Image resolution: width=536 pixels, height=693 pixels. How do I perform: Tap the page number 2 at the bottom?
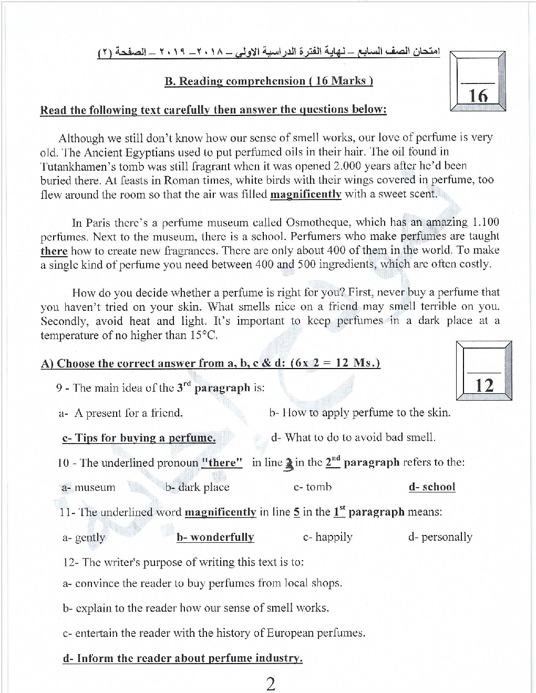pyautogui.click(x=271, y=684)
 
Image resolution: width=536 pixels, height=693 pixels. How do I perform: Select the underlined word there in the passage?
pyautogui.click(x=54, y=251)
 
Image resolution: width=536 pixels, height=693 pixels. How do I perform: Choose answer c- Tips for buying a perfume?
pyautogui.click(x=139, y=438)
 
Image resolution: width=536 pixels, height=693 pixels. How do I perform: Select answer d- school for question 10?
pyautogui.click(x=431, y=487)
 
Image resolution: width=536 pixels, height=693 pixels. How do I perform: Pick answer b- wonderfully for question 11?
pyautogui.click(x=215, y=537)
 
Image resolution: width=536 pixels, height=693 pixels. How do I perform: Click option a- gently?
pyautogui.click(x=84, y=537)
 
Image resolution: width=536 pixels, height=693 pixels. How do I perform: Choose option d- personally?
pyautogui.click(x=440, y=537)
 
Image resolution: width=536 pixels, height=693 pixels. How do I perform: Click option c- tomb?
pyautogui.click(x=313, y=487)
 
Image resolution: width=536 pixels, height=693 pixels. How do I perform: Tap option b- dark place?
pyautogui.click(x=198, y=487)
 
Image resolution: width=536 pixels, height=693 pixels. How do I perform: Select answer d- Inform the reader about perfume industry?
pyautogui.click(x=182, y=658)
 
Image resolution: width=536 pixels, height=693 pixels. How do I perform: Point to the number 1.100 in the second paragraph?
pyautogui.click(x=484, y=222)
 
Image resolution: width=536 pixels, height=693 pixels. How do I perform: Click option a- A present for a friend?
pyautogui.click(x=121, y=413)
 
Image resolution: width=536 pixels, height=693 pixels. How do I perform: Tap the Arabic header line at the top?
pyautogui.click(x=268, y=54)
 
